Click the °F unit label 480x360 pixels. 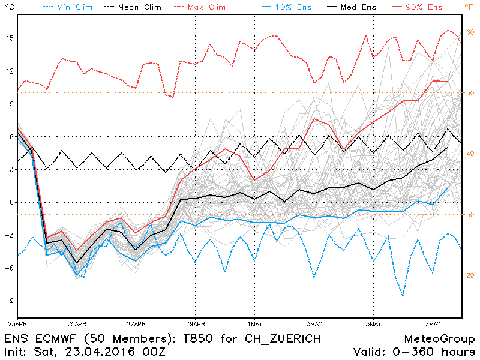point(469,7)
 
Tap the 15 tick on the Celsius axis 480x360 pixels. point(8,38)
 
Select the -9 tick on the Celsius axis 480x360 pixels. point(8,301)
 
